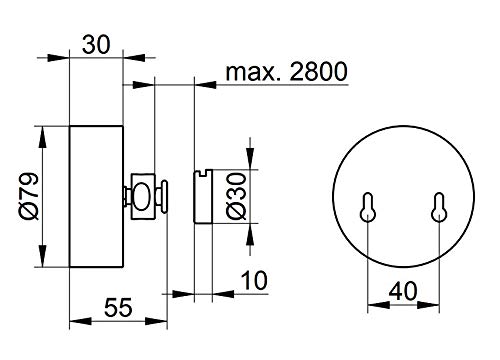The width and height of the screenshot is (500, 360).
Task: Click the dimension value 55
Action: pos(118,307)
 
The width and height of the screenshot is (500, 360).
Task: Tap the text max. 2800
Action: pos(286,71)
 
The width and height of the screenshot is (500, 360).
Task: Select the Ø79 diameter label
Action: pos(29,196)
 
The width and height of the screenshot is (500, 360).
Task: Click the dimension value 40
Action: pos(403,291)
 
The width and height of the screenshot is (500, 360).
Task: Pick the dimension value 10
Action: pos(254,280)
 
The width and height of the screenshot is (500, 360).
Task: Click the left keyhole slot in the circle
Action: pos(367,207)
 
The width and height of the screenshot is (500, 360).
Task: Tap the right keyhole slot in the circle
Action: pos(439,207)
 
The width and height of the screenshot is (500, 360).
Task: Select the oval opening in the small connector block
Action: pos(141,197)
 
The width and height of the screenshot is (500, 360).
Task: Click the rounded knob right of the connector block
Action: pos(164,197)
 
